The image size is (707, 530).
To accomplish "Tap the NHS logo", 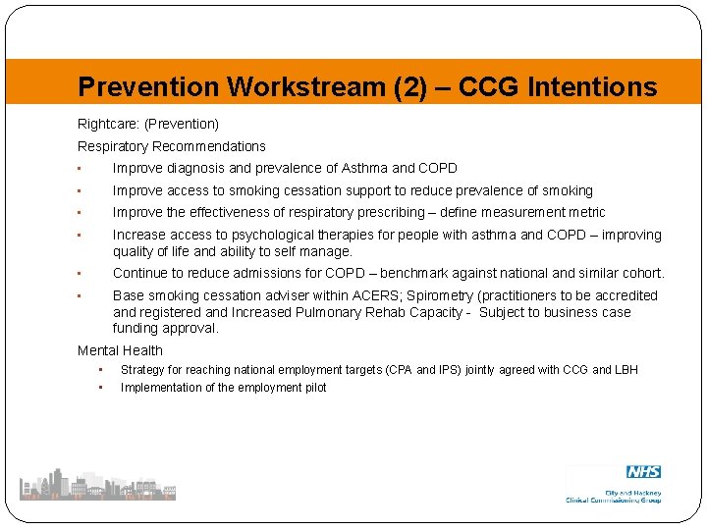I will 643,472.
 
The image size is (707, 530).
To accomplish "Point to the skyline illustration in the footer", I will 97,484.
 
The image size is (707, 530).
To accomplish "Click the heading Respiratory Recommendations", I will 172,146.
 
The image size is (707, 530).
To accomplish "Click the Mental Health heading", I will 120,350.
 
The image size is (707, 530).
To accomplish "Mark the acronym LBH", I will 625,370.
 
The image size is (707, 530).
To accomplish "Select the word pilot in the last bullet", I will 313,388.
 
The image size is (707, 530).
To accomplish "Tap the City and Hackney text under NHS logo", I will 634,493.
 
